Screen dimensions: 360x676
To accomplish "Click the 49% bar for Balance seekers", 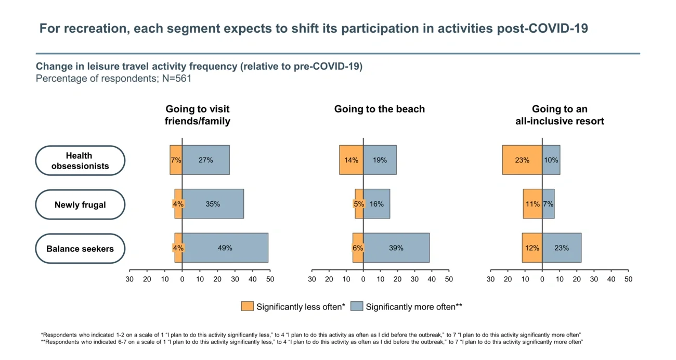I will click(x=225, y=248).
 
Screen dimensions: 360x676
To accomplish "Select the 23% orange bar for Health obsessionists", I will click(x=522, y=160).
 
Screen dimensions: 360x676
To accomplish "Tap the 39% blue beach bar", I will click(x=396, y=248).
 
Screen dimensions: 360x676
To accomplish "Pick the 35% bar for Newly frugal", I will click(x=213, y=204).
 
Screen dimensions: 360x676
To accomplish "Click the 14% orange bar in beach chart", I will click(x=351, y=160).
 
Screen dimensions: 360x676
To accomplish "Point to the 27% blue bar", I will click(x=205, y=160).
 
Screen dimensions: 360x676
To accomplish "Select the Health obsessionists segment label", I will click(x=80, y=161).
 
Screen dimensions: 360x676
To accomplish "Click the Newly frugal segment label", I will click(x=80, y=204).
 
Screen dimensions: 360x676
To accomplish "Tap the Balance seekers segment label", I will click(x=80, y=249).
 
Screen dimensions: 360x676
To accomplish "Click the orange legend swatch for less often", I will click(x=247, y=306).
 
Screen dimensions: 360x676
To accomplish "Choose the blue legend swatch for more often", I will click(x=357, y=306).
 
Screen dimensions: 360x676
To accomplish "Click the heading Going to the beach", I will click(x=379, y=109).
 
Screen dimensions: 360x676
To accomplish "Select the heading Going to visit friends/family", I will click(x=197, y=115).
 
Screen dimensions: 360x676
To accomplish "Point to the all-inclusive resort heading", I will click(x=560, y=115).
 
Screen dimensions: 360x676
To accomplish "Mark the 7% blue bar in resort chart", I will click(x=548, y=204).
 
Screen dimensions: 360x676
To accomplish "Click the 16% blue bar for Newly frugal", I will click(x=376, y=204).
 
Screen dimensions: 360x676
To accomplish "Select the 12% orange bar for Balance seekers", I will click(x=532, y=248).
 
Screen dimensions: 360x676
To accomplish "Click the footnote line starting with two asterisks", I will click(x=312, y=342).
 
